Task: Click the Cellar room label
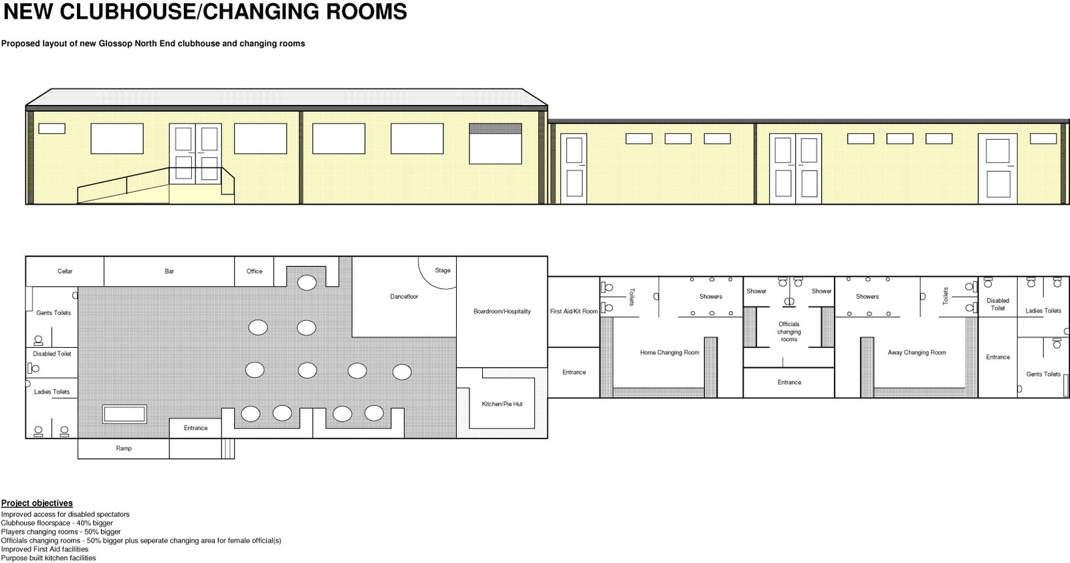coord(65,271)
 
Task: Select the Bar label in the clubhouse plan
coord(169,271)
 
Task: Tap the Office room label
coord(254,271)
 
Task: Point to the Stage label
coord(443,271)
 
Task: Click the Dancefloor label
coord(404,296)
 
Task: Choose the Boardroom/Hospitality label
coord(502,312)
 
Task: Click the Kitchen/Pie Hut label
coord(502,404)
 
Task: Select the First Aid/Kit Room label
coord(574,312)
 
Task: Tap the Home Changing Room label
coord(669,352)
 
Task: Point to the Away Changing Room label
coord(917,352)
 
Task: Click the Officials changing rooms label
coord(789,332)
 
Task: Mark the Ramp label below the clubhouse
coord(124,449)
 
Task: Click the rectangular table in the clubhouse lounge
coord(124,414)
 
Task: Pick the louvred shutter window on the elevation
coord(496,144)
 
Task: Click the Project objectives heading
coord(37,503)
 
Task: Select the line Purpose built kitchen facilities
coord(48,558)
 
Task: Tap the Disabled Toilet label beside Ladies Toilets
coord(998,304)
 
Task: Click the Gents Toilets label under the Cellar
coord(53,313)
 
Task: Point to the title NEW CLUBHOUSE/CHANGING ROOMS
coord(205,11)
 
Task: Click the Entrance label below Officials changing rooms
coord(789,382)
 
